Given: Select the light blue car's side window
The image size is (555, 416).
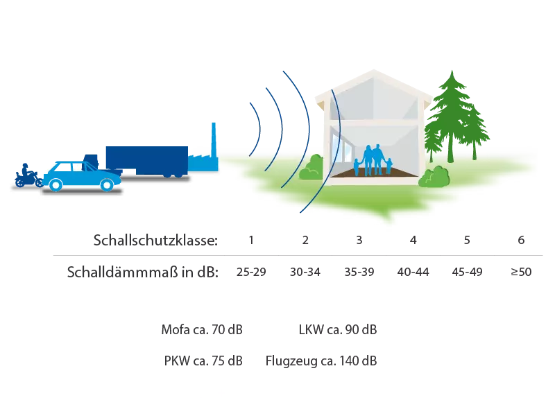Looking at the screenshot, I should (76, 168).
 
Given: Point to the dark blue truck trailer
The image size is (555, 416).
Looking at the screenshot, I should (147, 158).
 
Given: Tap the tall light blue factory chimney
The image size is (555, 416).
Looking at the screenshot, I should (213, 139).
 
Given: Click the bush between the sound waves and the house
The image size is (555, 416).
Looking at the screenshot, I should (312, 168).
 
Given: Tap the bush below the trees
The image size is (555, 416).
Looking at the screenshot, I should (435, 177).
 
